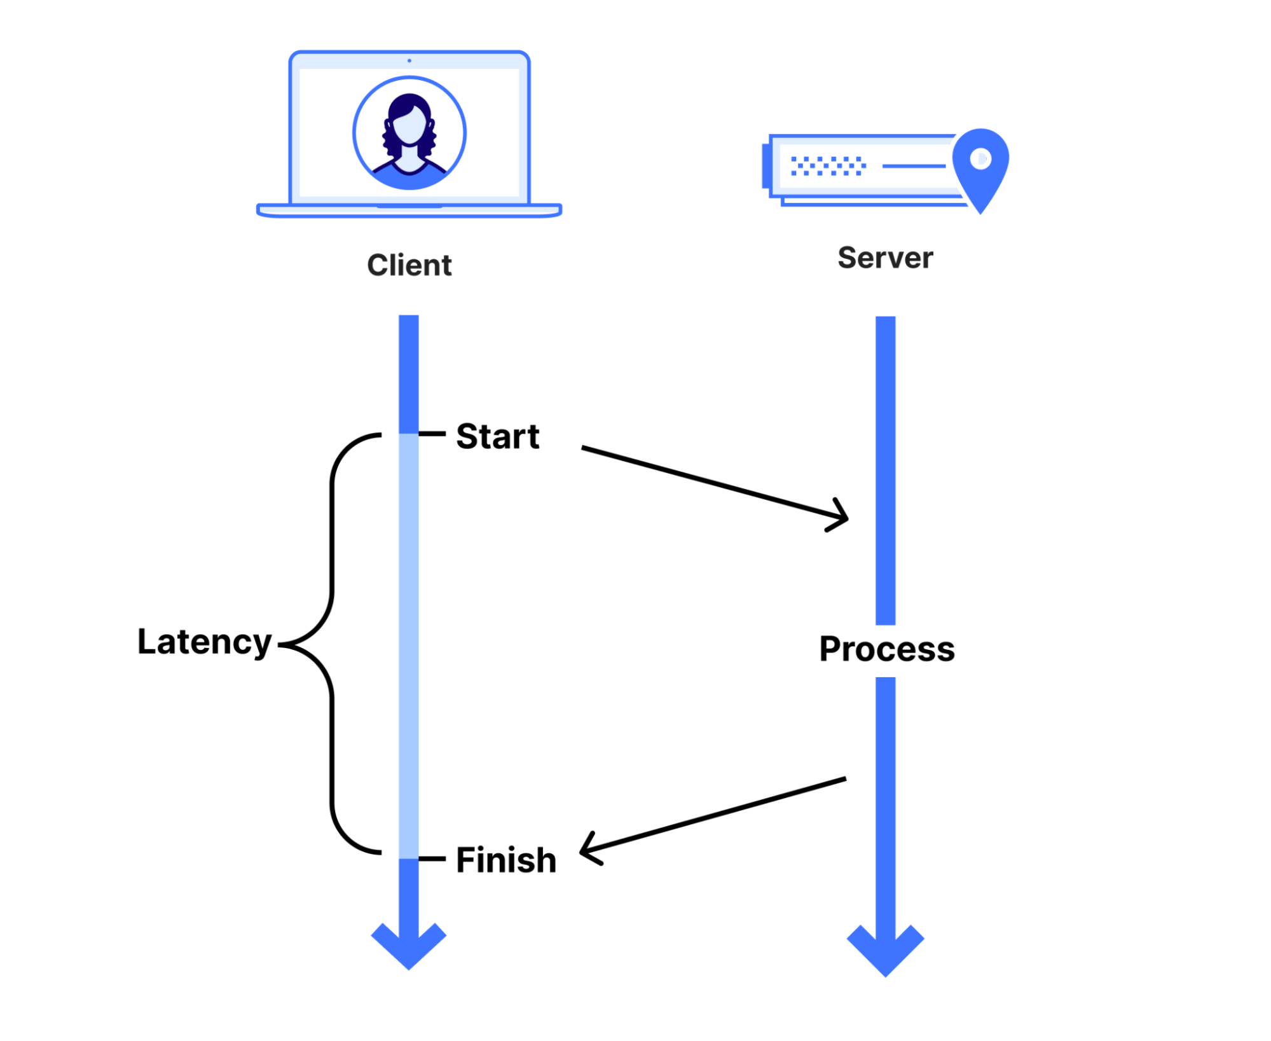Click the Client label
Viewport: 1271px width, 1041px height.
409,265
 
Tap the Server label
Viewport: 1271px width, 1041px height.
885,258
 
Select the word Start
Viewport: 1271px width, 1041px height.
498,436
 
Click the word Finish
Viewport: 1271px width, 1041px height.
506,860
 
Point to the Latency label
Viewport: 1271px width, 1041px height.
205,642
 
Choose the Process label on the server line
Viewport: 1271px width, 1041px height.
887,649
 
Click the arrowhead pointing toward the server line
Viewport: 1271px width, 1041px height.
838,514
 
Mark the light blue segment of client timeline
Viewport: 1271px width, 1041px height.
409,646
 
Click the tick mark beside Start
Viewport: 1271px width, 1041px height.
432,434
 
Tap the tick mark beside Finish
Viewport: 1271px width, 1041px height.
432,858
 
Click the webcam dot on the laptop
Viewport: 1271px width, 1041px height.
409,60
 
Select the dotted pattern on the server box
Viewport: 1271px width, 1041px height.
828,165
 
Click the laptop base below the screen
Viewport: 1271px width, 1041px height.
409,210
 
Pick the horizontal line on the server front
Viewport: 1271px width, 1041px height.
914,166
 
